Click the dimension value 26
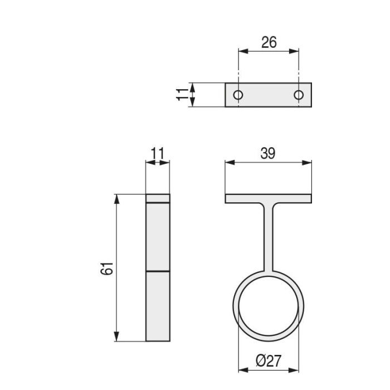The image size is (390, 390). pyautogui.click(x=269, y=42)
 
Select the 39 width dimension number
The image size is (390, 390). pyautogui.click(x=268, y=154)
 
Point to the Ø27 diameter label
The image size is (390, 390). pyautogui.click(x=269, y=362)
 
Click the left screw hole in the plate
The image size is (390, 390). pyautogui.click(x=238, y=95)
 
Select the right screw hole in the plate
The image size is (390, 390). pyautogui.click(x=299, y=95)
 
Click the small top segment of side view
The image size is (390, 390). pyautogui.click(x=158, y=198)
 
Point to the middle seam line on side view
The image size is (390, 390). pyautogui.click(x=158, y=271)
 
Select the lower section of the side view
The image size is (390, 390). pyautogui.click(x=158, y=306)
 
